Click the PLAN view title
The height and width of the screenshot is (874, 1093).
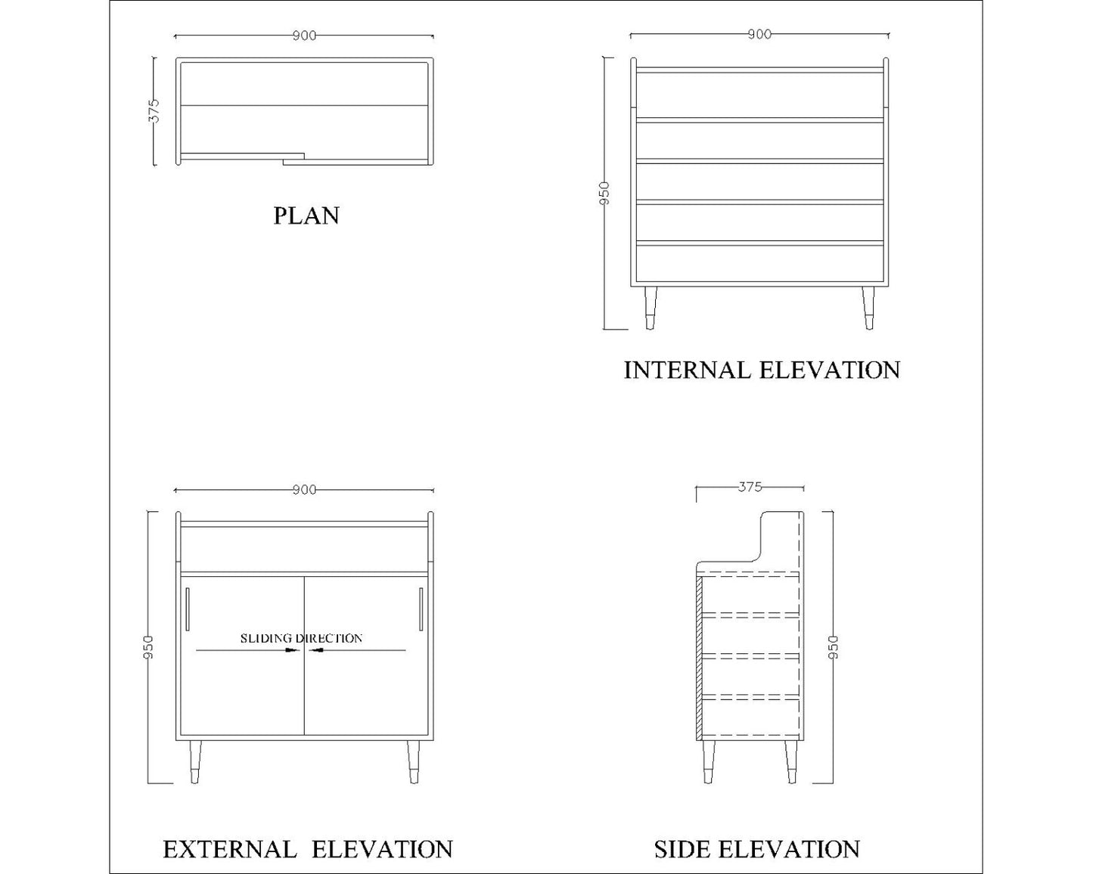(306, 215)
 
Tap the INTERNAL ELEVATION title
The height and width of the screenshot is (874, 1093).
(761, 370)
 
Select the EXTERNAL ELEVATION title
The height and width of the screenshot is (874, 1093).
(307, 849)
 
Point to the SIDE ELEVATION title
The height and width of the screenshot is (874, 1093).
(756, 849)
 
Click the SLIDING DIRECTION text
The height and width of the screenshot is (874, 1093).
(301, 638)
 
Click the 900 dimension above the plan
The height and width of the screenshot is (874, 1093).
(304, 36)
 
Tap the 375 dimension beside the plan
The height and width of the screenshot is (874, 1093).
(154, 110)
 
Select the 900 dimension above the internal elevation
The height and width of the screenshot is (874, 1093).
(759, 34)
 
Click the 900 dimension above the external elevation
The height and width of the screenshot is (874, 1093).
(304, 490)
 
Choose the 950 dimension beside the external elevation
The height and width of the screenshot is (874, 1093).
(148, 647)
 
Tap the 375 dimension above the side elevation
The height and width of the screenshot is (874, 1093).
(750, 488)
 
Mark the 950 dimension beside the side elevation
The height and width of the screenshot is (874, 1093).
(833, 647)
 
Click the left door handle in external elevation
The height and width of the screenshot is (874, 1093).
(187, 608)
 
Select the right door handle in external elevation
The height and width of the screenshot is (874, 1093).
(421, 608)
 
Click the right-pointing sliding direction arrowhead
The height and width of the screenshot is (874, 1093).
(294, 649)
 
